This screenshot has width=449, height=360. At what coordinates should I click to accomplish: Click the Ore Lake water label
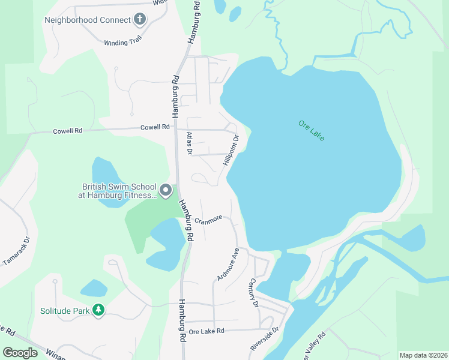(311, 131)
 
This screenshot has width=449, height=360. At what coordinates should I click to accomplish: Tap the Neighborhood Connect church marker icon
(140, 19)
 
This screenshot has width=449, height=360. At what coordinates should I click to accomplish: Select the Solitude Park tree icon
(98, 310)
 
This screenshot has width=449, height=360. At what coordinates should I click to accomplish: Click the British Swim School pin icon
(166, 191)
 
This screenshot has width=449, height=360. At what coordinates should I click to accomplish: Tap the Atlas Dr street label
(188, 143)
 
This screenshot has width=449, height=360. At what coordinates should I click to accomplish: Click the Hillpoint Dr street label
(231, 150)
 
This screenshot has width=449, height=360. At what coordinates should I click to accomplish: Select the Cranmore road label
(208, 220)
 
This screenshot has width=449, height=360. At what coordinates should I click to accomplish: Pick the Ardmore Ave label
(228, 264)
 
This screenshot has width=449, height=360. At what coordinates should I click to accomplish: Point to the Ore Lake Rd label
(206, 331)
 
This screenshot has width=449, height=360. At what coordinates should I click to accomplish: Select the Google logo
(20, 353)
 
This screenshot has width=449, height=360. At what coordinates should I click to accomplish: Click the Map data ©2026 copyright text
(423, 355)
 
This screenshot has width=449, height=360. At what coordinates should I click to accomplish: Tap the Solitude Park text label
(64, 311)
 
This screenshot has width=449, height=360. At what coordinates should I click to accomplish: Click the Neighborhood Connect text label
(87, 20)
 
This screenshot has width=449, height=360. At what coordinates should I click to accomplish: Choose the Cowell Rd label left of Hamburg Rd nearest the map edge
(66, 130)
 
